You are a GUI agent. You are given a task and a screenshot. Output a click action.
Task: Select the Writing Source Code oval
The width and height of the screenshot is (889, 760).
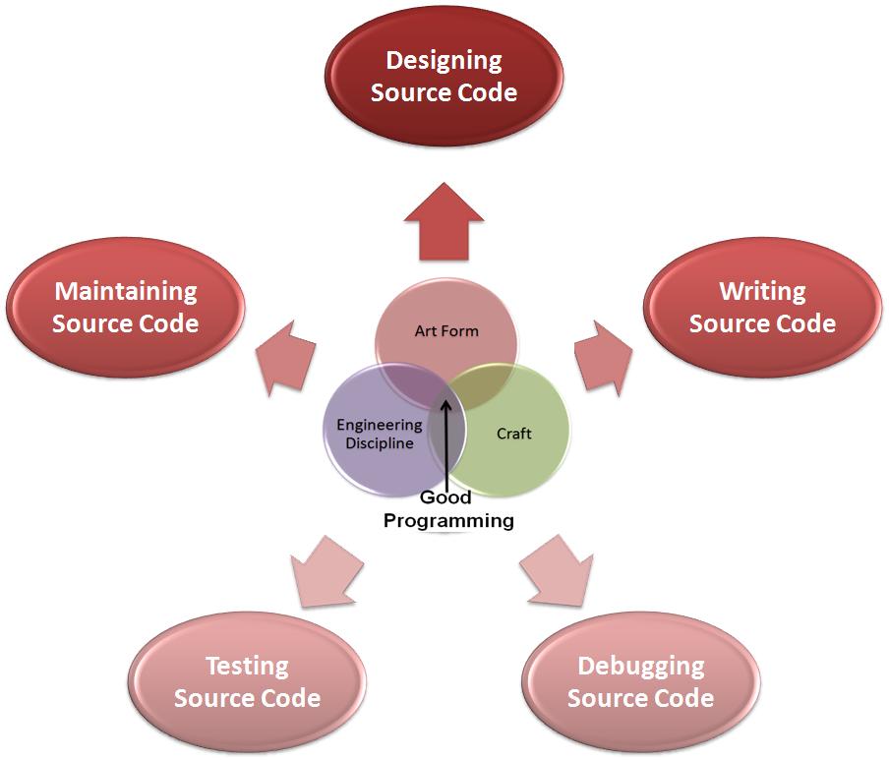point(762,307)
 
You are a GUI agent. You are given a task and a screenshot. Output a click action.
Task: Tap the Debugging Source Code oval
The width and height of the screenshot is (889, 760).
point(640,681)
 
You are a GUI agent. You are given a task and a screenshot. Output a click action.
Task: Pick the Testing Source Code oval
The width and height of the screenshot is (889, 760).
point(247,681)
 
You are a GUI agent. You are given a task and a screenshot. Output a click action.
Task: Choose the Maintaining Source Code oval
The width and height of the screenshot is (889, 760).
point(126,307)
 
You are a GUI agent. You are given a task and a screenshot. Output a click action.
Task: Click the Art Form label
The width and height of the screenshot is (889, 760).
point(446,331)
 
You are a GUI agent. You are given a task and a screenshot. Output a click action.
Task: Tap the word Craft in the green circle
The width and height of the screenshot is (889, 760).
point(513,433)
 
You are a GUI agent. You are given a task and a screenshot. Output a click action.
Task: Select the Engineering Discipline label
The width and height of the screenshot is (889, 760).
point(379,434)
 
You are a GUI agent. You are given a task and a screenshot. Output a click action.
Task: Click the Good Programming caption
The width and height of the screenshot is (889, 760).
point(448,509)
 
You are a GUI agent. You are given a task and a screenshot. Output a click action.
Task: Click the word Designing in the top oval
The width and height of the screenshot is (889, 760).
point(444,61)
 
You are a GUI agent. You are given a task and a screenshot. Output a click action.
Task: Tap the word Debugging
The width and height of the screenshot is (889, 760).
point(640,666)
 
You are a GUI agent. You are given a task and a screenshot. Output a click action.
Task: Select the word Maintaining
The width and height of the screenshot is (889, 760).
point(126,291)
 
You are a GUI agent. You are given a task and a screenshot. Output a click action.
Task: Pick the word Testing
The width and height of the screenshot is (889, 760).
point(247,666)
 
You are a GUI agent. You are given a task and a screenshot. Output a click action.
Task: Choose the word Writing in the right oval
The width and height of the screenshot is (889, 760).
point(762,291)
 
